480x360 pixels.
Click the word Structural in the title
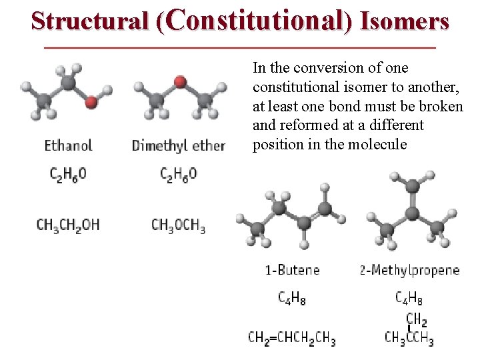click(x=91, y=21)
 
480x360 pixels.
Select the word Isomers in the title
click(x=405, y=21)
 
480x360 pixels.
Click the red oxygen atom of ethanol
click(x=91, y=101)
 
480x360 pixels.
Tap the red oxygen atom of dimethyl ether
click(x=179, y=82)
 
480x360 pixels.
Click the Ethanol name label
click(x=68, y=145)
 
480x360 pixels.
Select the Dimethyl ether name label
click(x=179, y=145)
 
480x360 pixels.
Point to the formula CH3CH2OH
click(x=68, y=225)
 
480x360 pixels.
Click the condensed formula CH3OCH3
click(x=178, y=225)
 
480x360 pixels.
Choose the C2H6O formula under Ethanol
click(x=68, y=175)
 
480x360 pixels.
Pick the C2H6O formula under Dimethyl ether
click(x=179, y=175)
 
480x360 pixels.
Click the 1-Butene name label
click(x=292, y=270)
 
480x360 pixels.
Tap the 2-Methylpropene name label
click(x=409, y=270)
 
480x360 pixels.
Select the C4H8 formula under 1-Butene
click(x=292, y=298)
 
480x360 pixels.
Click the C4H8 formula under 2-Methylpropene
click(x=409, y=298)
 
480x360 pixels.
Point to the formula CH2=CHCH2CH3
click(x=292, y=338)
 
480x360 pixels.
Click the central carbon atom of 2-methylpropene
click(x=412, y=214)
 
